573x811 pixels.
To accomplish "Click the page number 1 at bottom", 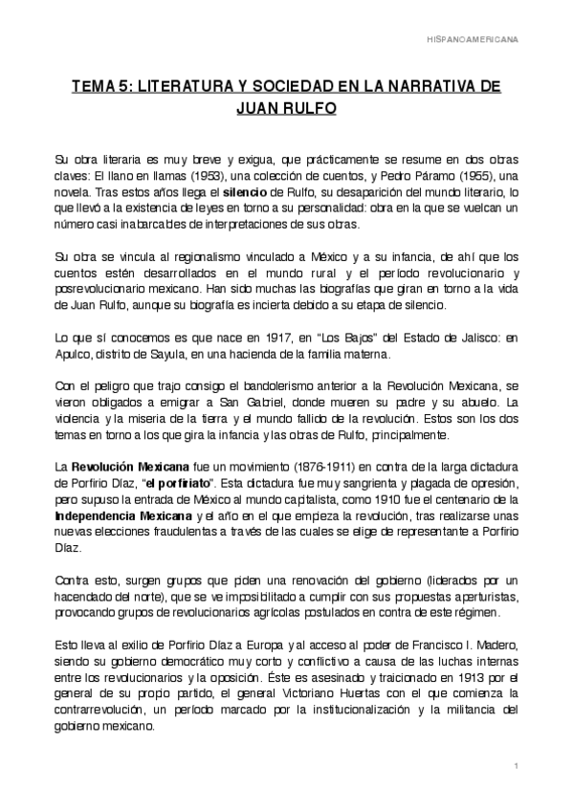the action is pyautogui.click(x=516, y=767).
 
